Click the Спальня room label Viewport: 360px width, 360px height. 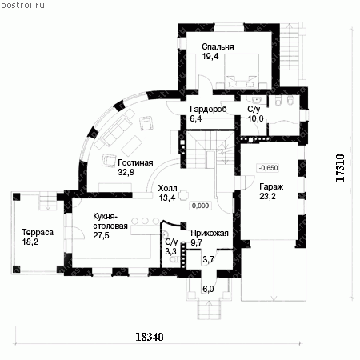coord(218,46)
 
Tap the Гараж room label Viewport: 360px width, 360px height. coord(271,186)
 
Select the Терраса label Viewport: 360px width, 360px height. coord(38,232)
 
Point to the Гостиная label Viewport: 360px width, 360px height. coord(135,162)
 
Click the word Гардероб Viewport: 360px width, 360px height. coord(208,109)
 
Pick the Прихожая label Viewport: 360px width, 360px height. coord(210,233)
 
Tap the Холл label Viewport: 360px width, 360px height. coord(167,188)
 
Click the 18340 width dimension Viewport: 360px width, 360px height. coord(150,337)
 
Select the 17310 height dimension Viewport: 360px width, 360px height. coord(340,168)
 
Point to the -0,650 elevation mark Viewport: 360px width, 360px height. coord(268,168)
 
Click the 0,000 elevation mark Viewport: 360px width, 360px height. coord(200,206)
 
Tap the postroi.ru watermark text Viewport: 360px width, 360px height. coord(22,5)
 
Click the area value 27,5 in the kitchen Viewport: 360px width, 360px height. coord(101,235)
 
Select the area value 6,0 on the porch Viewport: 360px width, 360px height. coord(208,289)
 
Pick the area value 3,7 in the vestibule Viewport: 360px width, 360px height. coord(208,258)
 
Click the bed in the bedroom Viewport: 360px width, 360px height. coord(242,71)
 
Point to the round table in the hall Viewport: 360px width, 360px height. coord(184,195)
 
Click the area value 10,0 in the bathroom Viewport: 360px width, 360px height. coord(256,118)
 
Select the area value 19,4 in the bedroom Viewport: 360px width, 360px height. coord(210,56)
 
